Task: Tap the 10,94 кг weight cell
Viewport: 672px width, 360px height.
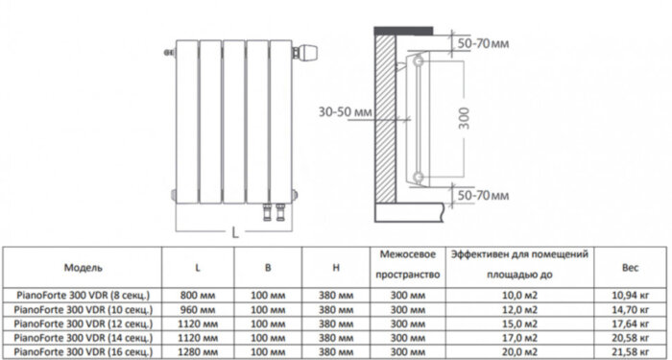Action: [631, 294]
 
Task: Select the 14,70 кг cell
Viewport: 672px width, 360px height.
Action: [631, 308]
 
